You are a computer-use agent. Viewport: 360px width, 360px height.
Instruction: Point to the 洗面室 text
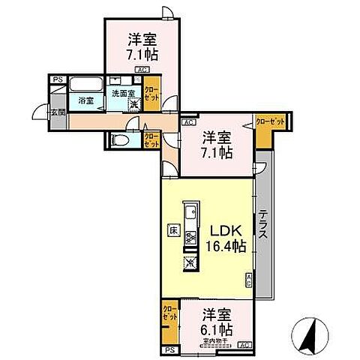click(122, 93)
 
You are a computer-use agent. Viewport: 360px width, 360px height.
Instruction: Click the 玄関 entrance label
click(58, 113)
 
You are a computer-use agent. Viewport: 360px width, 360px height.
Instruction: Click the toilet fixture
click(120, 140)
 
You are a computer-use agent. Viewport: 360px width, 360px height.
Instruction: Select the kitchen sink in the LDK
click(190, 210)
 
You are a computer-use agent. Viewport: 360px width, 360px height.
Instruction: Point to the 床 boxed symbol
click(172, 231)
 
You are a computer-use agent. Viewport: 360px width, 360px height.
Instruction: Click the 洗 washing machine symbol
click(133, 103)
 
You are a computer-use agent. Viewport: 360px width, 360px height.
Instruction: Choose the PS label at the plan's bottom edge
click(170, 349)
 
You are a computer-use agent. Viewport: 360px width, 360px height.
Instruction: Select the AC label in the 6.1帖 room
click(244, 345)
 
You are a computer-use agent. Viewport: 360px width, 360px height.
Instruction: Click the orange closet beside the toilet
click(151, 139)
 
